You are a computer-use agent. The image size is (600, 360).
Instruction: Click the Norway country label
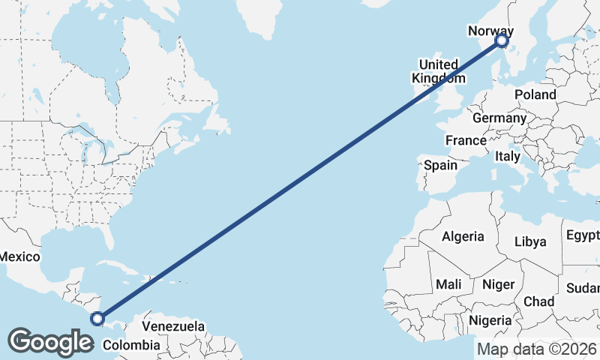[x=490, y=31]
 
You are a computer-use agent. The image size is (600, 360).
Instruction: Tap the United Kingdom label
[x=438, y=71]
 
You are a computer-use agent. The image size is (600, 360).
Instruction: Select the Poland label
[x=535, y=94]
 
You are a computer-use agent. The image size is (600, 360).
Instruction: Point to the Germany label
[x=499, y=118]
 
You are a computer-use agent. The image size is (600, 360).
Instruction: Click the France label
[x=466, y=140]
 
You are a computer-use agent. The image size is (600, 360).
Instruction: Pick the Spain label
[x=440, y=165]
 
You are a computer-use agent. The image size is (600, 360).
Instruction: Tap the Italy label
[x=508, y=157]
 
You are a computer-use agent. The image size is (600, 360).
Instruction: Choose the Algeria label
[x=463, y=236]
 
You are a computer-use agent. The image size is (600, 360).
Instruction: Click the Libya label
[x=530, y=241]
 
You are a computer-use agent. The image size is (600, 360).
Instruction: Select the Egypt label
[x=583, y=235]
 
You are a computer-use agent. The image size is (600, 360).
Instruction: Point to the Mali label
[x=448, y=285]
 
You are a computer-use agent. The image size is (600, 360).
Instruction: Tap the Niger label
[x=497, y=285]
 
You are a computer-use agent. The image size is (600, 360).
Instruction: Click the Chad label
[x=539, y=301]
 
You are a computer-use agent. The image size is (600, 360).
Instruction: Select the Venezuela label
[x=173, y=327]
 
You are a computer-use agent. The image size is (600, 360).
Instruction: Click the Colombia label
[x=131, y=345]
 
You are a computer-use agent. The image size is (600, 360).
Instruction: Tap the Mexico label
[x=19, y=256]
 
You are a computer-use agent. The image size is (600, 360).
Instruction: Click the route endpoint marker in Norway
[x=502, y=43]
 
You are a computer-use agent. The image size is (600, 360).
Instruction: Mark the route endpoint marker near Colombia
[x=97, y=319]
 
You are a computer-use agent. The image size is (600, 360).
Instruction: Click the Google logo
[x=51, y=342]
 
